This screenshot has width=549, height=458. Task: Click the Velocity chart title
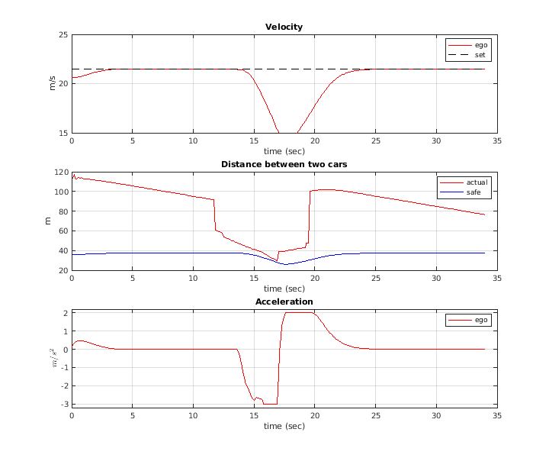(284, 27)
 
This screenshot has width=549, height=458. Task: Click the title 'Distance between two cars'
(284, 164)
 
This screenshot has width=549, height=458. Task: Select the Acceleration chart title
(284, 302)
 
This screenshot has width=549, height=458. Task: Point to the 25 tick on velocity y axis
(63, 35)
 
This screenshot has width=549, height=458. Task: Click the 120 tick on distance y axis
(61, 173)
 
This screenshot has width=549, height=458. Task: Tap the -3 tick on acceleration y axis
(64, 405)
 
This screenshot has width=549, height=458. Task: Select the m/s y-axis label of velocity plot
(52, 84)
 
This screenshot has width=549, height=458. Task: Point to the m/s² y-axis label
(52, 358)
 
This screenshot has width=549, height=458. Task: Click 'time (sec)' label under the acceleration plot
(284, 425)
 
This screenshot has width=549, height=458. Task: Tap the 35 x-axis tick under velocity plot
(497, 141)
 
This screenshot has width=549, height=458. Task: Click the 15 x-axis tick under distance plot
(254, 279)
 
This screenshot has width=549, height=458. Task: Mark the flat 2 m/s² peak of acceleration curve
(300, 312)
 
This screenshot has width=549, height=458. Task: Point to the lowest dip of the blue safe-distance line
(285, 264)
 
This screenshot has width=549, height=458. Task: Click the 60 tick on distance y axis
(63, 231)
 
